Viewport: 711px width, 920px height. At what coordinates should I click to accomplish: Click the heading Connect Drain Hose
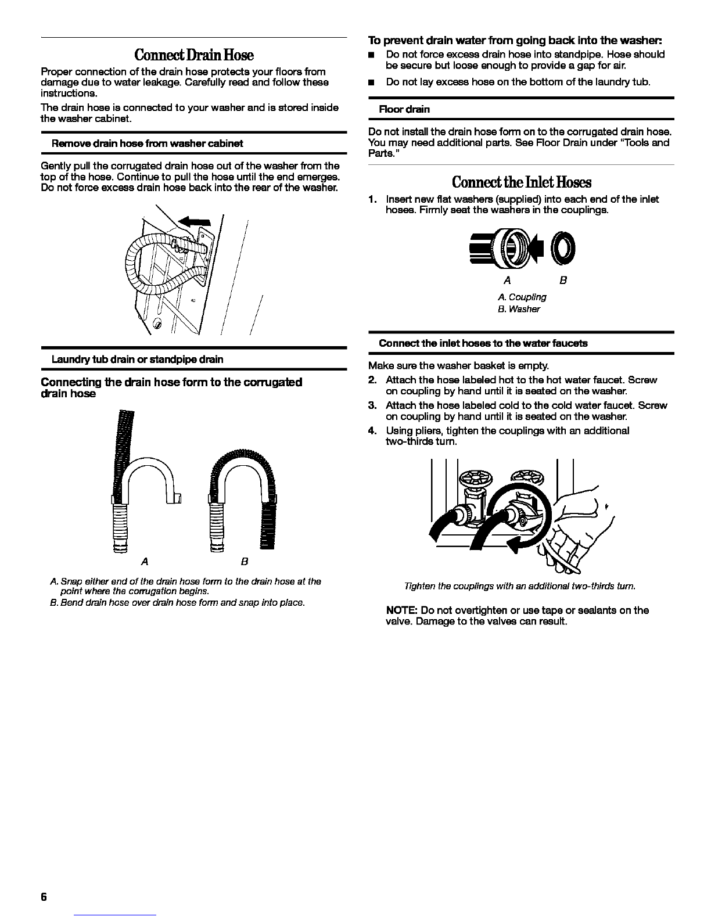click(194, 55)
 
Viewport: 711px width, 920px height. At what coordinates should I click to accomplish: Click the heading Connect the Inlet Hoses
click(521, 182)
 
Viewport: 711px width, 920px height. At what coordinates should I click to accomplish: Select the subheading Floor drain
click(404, 110)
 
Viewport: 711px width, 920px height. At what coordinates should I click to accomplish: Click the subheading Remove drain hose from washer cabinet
click(148, 143)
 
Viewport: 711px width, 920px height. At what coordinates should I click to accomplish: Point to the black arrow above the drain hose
click(194, 221)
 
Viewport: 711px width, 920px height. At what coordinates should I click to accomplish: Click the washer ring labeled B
click(563, 248)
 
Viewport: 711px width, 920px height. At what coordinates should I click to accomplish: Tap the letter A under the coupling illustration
click(507, 281)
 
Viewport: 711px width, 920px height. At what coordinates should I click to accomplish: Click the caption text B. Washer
click(519, 309)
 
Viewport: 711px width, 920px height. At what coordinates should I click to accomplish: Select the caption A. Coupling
click(522, 297)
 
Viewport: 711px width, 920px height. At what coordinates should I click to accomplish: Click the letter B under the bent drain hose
click(245, 562)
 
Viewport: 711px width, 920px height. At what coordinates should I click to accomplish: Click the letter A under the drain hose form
click(145, 562)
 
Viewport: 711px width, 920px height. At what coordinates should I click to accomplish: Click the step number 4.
click(372, 430)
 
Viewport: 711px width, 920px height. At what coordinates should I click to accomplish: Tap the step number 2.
click(372, 380)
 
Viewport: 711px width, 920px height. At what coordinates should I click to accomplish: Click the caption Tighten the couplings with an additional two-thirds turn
click(520, 587)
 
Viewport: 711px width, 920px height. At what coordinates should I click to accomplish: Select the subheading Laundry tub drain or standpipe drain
click(137, 360)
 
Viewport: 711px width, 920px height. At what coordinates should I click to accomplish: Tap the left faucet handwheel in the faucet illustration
click(477, 479)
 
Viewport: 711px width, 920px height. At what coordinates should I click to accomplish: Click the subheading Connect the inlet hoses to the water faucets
click(483, 343)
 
